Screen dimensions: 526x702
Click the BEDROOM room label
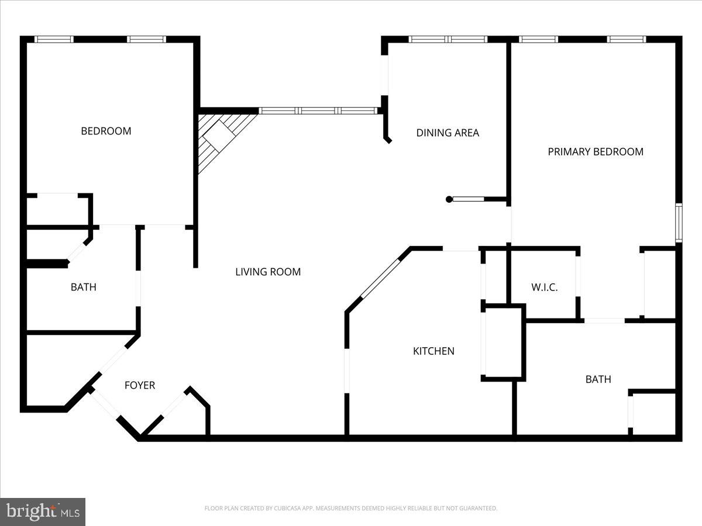tap(106, 131)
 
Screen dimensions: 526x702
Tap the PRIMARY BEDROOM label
tap(596, 151)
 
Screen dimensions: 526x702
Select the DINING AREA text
tap(448, 133)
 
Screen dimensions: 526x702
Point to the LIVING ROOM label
tap(268, 272)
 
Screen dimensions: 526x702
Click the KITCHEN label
tap(433, 351)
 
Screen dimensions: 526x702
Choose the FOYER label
tap(140, 385)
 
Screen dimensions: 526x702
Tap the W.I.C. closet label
tap(544, 288)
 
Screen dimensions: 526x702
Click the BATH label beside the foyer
tap(83, 287)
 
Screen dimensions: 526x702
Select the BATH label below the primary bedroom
tap(598, 379)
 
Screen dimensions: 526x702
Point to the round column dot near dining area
tap(449, 199)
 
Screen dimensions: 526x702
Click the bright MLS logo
tap(43, 512)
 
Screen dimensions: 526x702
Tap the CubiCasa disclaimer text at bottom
tap(351, 508)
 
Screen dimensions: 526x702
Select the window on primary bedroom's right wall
tap(679, 223)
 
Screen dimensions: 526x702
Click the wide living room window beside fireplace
tap(318, 110)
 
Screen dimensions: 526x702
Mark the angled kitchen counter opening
tap(380, 277)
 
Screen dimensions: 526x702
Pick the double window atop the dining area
tap(448, 40)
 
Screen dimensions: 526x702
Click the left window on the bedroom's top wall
tap(54, 40)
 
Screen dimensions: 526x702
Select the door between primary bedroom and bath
tap(604, 320)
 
